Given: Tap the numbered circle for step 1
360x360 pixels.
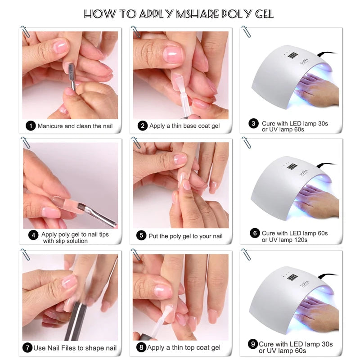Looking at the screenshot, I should pyautogui.click(x=31, y=126).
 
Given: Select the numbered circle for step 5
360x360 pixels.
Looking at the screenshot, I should pyautogui.click(x=141, y=236).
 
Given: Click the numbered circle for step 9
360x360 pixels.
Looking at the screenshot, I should pyautogui.click(x=252, y=345).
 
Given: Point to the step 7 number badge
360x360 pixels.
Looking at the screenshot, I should pyautogui.click(x=28, y=348).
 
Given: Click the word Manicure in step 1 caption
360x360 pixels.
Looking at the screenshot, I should pyautogui.click(x=50, y=126).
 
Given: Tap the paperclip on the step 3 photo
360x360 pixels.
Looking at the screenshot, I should pyautogui.click(x=246, y=31).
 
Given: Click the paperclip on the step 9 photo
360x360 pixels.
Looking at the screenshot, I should pyautogui.click(x=246, y=254).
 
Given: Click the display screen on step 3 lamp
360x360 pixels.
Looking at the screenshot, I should pyautogui.click(x=292, y=55).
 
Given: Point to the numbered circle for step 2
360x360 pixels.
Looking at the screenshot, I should pyautogui.click(x=143, y=126).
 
